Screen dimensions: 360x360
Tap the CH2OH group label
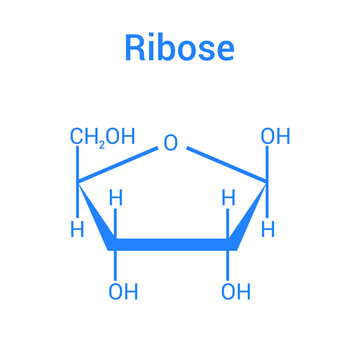(102, 137)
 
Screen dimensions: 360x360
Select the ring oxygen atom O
(171, 143)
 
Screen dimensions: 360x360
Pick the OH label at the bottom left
(123, 292)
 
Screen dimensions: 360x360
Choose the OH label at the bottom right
(235, 292)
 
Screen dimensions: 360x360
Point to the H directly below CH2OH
(77, 229)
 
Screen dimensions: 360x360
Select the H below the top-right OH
(267, 229)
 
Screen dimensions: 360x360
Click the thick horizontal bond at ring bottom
(172, 243)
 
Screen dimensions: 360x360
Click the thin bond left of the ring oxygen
(119, 164)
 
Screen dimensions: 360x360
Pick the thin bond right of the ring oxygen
(225, 164)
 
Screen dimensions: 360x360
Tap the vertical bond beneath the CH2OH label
(78, 165)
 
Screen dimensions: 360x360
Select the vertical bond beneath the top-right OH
(267, 165)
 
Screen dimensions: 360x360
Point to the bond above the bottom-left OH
(116, 262)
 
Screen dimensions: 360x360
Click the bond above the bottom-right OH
(229, 262)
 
